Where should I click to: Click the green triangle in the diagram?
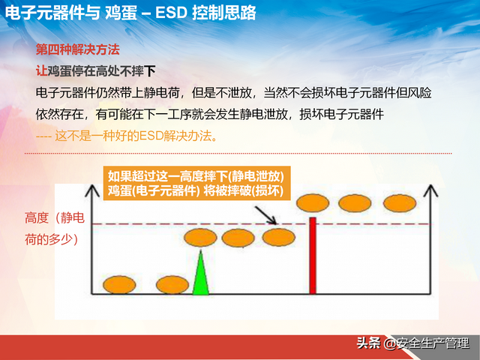(199, 276)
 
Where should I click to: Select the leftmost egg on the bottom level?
(119, 284)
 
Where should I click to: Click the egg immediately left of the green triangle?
(173, 284)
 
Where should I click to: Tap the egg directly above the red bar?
(313, 202)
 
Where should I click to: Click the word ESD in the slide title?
(174, 13)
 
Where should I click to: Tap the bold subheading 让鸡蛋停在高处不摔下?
(96, 71)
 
